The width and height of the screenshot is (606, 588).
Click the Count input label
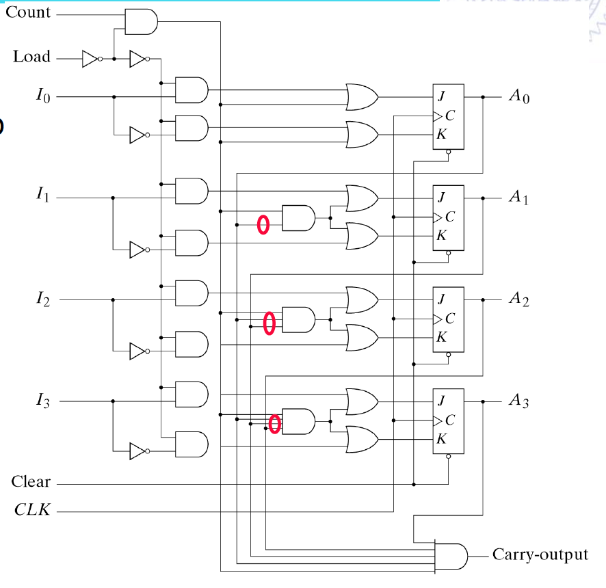pos(28,13)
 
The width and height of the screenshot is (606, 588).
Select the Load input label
pos(31,57)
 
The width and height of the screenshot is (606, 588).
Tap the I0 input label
pos(42,96)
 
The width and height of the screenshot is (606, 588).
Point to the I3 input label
pos(42,401)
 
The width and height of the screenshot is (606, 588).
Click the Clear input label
pos(31,482)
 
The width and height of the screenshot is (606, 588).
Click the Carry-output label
pos(540,554)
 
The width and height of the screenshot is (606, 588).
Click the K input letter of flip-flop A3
pos(441,438)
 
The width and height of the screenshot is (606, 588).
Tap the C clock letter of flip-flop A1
pos(449,217)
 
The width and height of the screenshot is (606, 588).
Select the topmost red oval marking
pos(263,224)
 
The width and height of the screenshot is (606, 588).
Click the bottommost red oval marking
pos(274,424)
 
